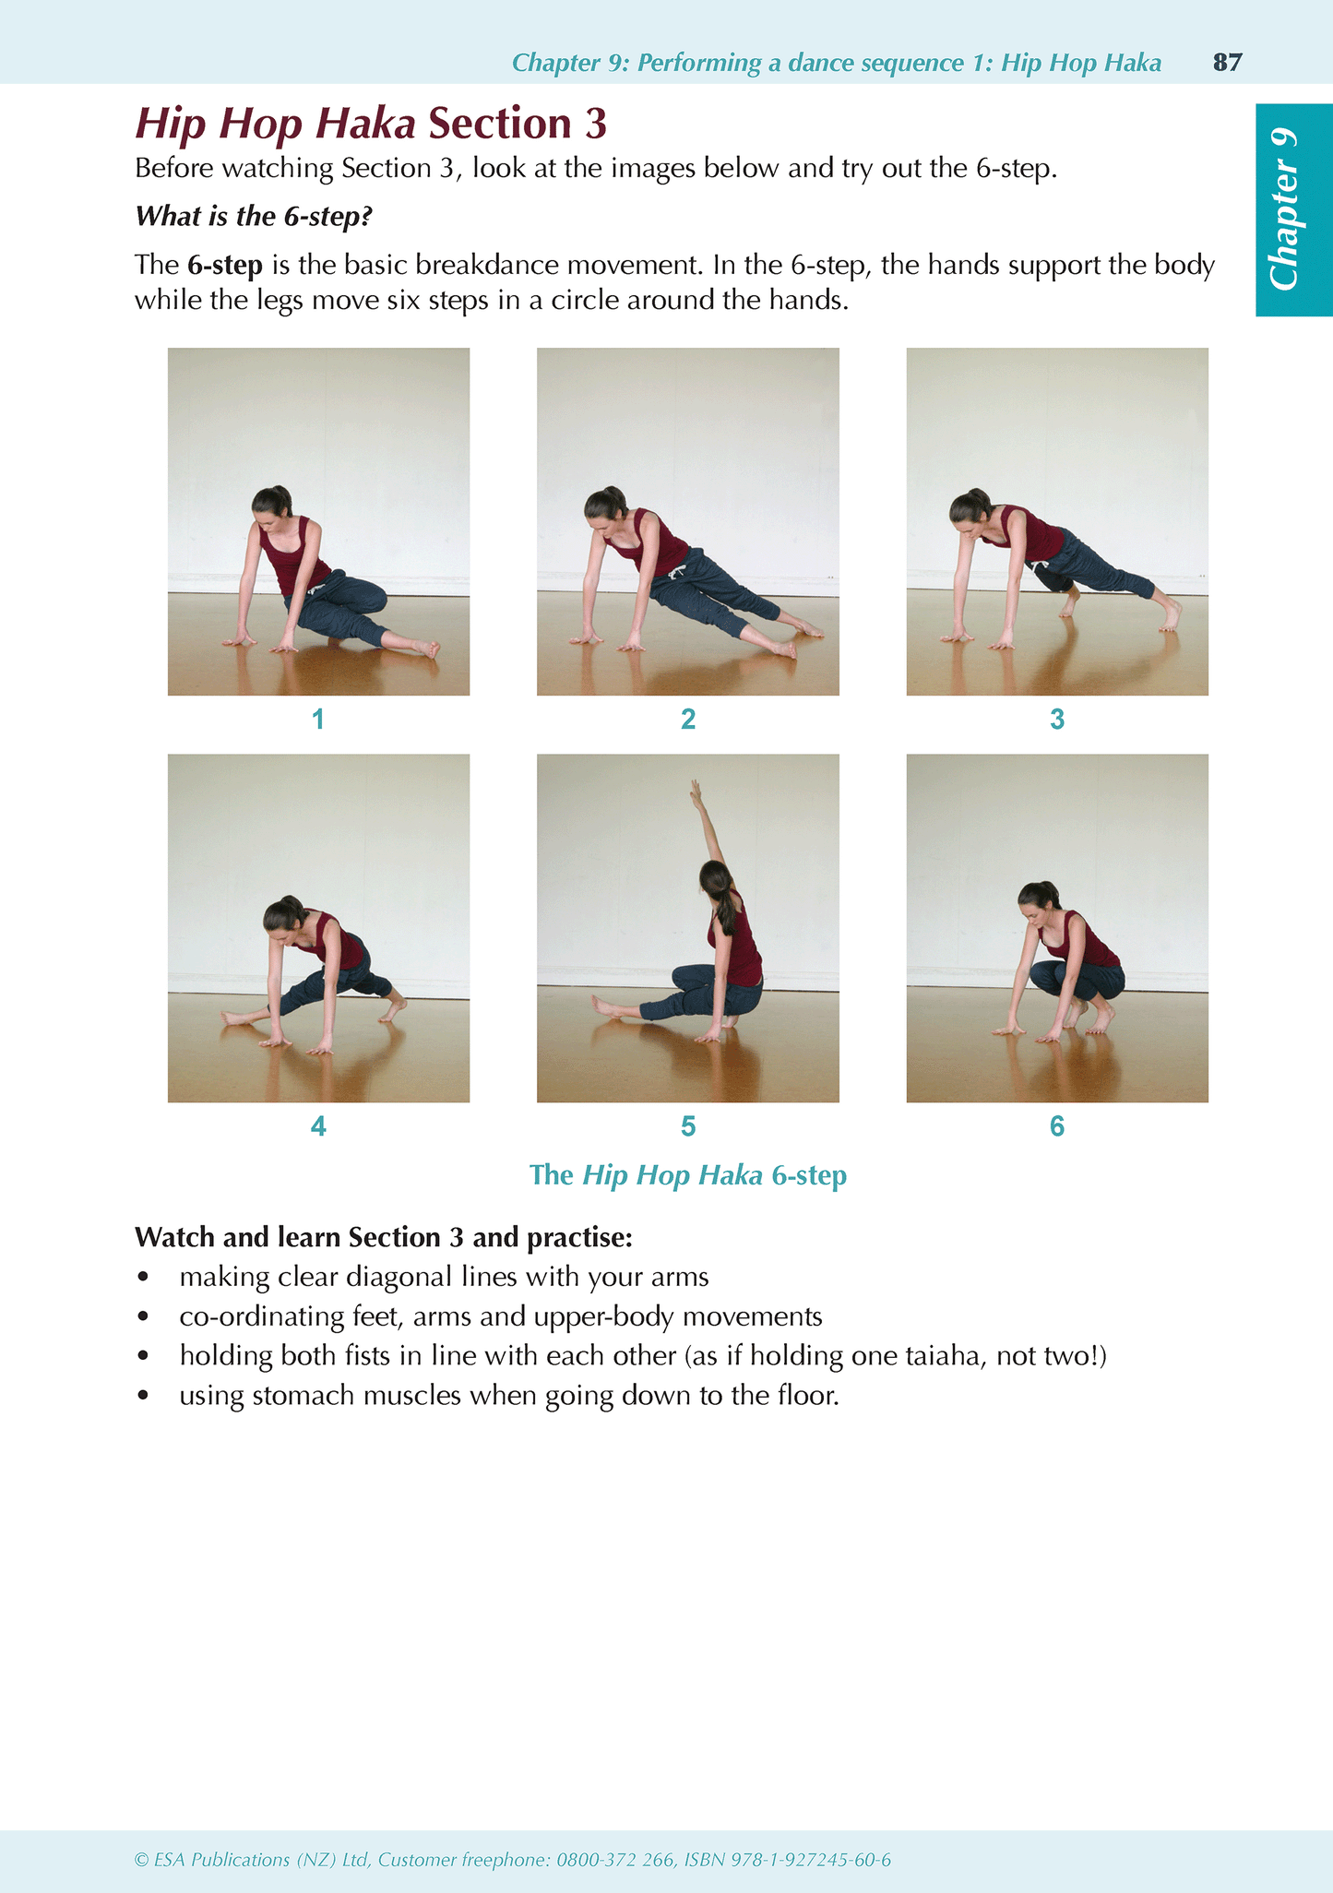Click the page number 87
click(x=1227, y=63)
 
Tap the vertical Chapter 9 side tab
click(x=1292, y=209)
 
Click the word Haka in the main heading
click(x=367, y=124)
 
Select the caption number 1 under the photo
click(x=318, y=720)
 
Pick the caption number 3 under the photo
click(x=1057, y=720)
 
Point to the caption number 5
click(x=688, y=1126)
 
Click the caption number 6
click(x=1057, y=1126)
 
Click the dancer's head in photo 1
click(x=268, y=505)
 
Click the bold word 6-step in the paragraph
click(x=225, y=266)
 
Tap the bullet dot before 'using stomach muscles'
click(x=142, y=1397)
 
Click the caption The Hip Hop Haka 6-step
click(x=688, y=1175)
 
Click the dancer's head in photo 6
click(x=1036, y=897)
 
